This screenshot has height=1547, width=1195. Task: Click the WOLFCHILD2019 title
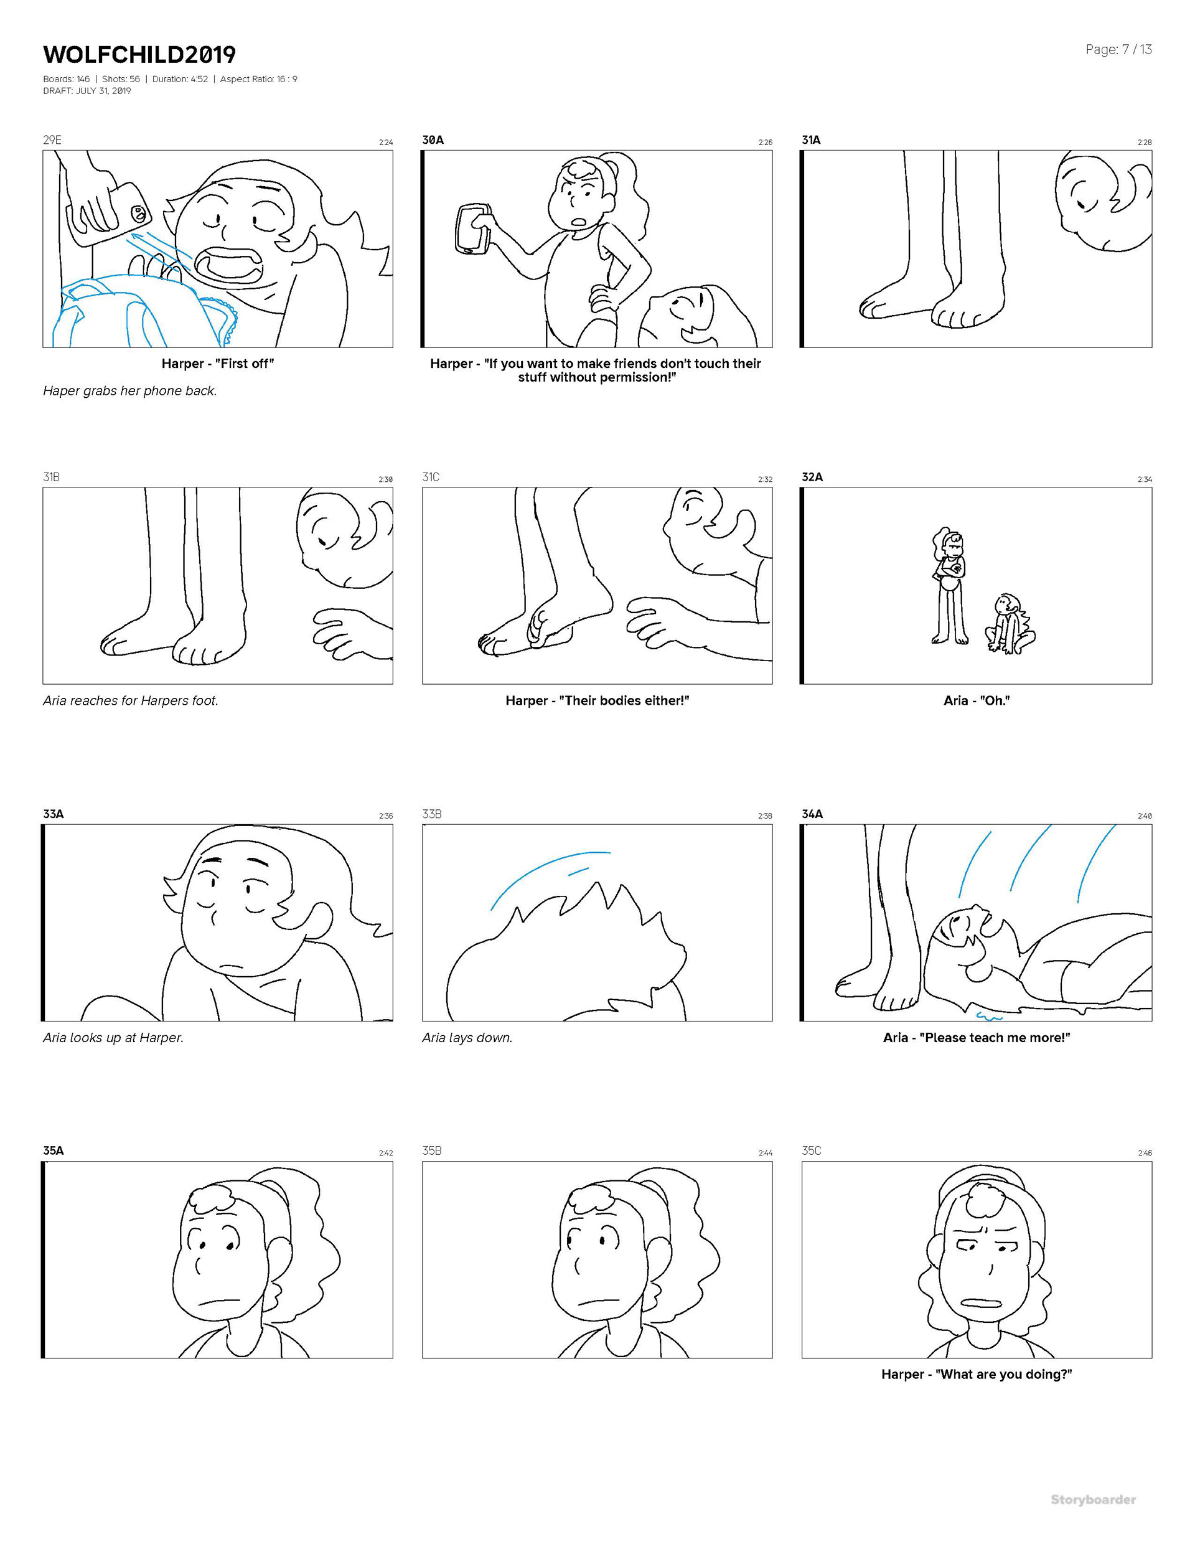(139, 55)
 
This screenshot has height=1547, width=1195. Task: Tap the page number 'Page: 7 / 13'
(1118, 50)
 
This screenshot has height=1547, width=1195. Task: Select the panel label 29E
(52, 139)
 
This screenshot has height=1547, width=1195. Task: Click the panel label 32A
(812, 477)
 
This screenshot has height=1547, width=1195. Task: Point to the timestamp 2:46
(1145, 1152)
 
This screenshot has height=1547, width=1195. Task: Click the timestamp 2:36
(385, 816)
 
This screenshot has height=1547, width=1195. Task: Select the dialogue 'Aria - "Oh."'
(976, 700)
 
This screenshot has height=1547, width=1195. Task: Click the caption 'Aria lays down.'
(467, 1038)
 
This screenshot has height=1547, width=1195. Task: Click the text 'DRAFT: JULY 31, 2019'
(87, 91)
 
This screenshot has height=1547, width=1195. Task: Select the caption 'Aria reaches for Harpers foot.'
(130, 700)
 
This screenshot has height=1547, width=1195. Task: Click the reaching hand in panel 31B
(352, 632)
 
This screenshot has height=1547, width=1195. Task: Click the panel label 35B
(431, 1150)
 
